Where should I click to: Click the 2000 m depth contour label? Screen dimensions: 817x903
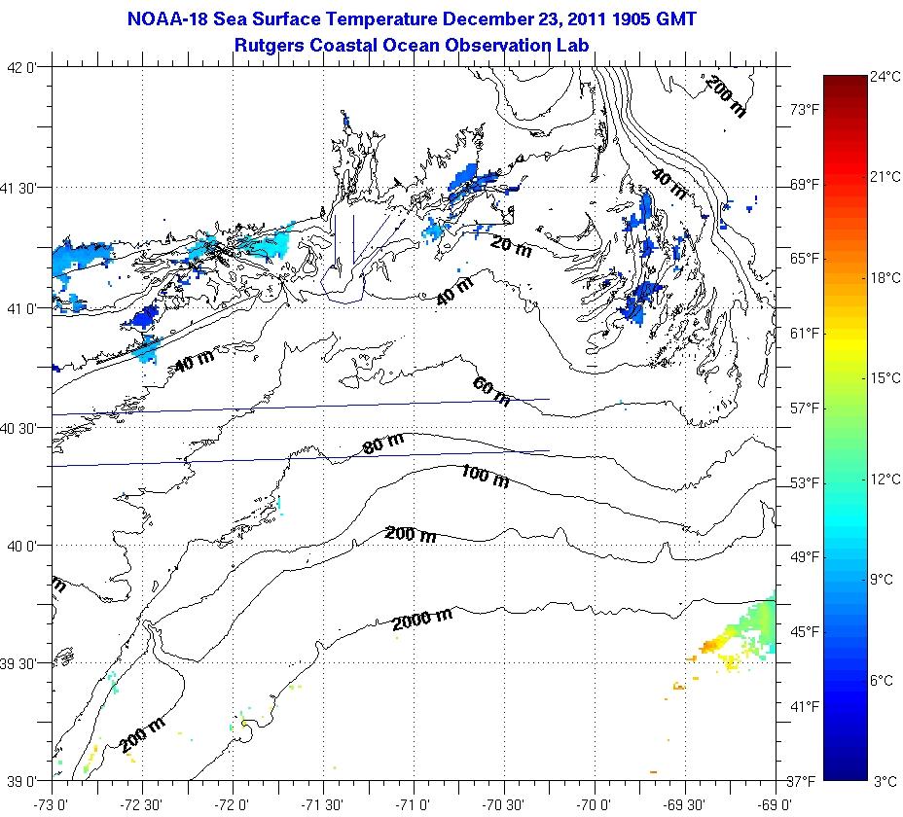[x=422, y=617]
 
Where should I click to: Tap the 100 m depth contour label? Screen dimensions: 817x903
[x=485, y=476]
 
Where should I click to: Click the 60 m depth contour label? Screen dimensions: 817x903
[x=491, y=391]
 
